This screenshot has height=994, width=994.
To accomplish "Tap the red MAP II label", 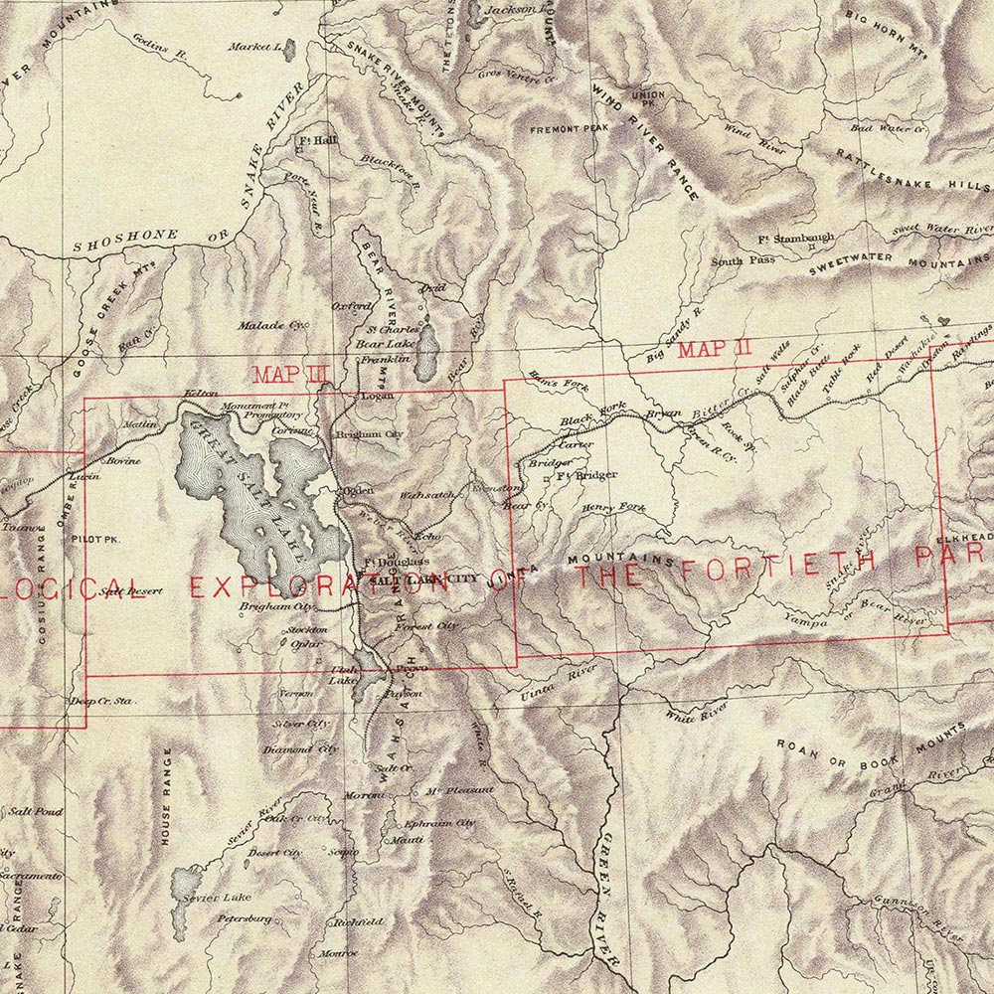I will [x=714, y=349].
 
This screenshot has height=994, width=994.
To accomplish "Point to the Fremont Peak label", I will [x=569, y=129].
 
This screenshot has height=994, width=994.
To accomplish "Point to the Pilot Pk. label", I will [x=95, y=537].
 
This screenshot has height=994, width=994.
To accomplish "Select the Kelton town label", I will [x=201, y=395].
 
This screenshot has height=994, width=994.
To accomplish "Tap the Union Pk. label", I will [x=647, y=99].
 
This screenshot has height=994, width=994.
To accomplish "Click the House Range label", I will [x=167, y=795].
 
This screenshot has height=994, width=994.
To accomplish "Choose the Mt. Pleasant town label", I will [x=459, y=790].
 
